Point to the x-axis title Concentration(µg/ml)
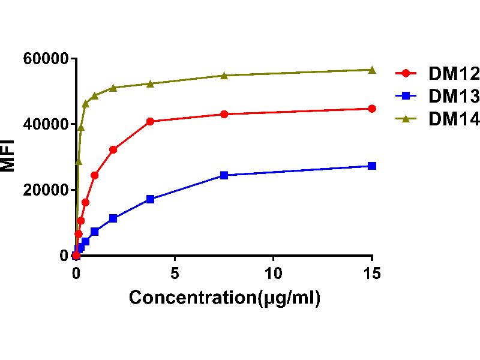(x=224, y=298)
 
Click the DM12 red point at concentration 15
(x=372, y=109)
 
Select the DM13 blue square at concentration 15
(x=372, y=166)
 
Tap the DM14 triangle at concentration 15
(x=372, y=70)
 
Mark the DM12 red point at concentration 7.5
(x=224, y=114)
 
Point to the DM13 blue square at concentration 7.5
(x=224, y=175)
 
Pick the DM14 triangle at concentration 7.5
(x=224, y=76)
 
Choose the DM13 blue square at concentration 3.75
(x=150, y=199)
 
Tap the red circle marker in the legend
(x=406, y=73)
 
